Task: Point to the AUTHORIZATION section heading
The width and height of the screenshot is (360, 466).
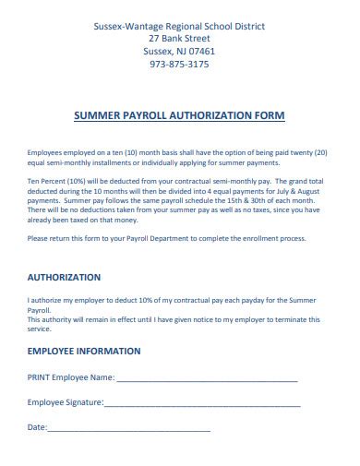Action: click(x=65, y=277)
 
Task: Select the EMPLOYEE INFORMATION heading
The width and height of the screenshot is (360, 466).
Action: click(x=84, y=352)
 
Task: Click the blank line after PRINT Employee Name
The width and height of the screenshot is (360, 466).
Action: click(x=207, y=377)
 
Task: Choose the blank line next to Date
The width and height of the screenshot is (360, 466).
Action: click(x=128, y=428)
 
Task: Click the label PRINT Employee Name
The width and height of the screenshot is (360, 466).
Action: click(x=71, y=377)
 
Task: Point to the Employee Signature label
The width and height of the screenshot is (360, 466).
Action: click(x=66, y=402)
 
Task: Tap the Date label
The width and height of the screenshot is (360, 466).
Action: click(x=37, y=428)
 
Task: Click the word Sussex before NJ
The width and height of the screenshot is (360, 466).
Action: click(x=159, y=52)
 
